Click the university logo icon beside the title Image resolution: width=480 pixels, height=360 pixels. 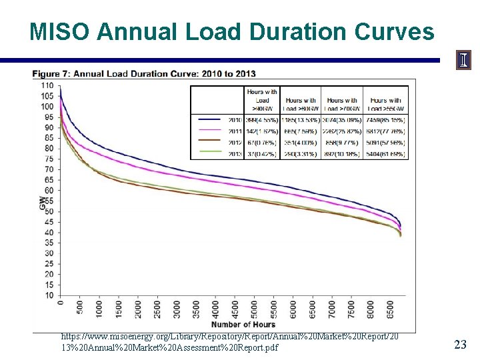[463, 61]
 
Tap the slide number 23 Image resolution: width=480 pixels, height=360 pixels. [459, 344]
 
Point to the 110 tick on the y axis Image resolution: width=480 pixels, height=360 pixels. [47, 85]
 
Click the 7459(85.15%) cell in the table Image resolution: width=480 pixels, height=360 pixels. [387, 120]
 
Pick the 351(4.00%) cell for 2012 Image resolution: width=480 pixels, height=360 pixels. [300, 143]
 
